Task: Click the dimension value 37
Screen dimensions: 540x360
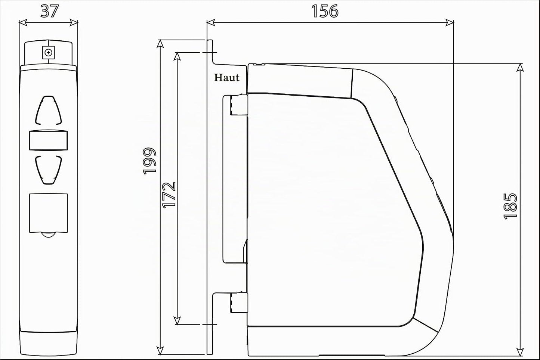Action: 50,11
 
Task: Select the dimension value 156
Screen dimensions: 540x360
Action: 325,11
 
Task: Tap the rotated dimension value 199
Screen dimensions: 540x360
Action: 149,161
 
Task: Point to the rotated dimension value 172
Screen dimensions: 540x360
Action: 169,195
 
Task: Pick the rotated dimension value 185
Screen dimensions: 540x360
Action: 510,206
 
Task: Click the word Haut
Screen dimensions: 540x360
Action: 226,78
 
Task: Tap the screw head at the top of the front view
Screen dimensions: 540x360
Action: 49,52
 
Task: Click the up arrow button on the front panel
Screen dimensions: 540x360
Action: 49,111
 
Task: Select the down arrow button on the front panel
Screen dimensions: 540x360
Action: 49,170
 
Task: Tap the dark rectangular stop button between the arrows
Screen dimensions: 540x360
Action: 49,140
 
